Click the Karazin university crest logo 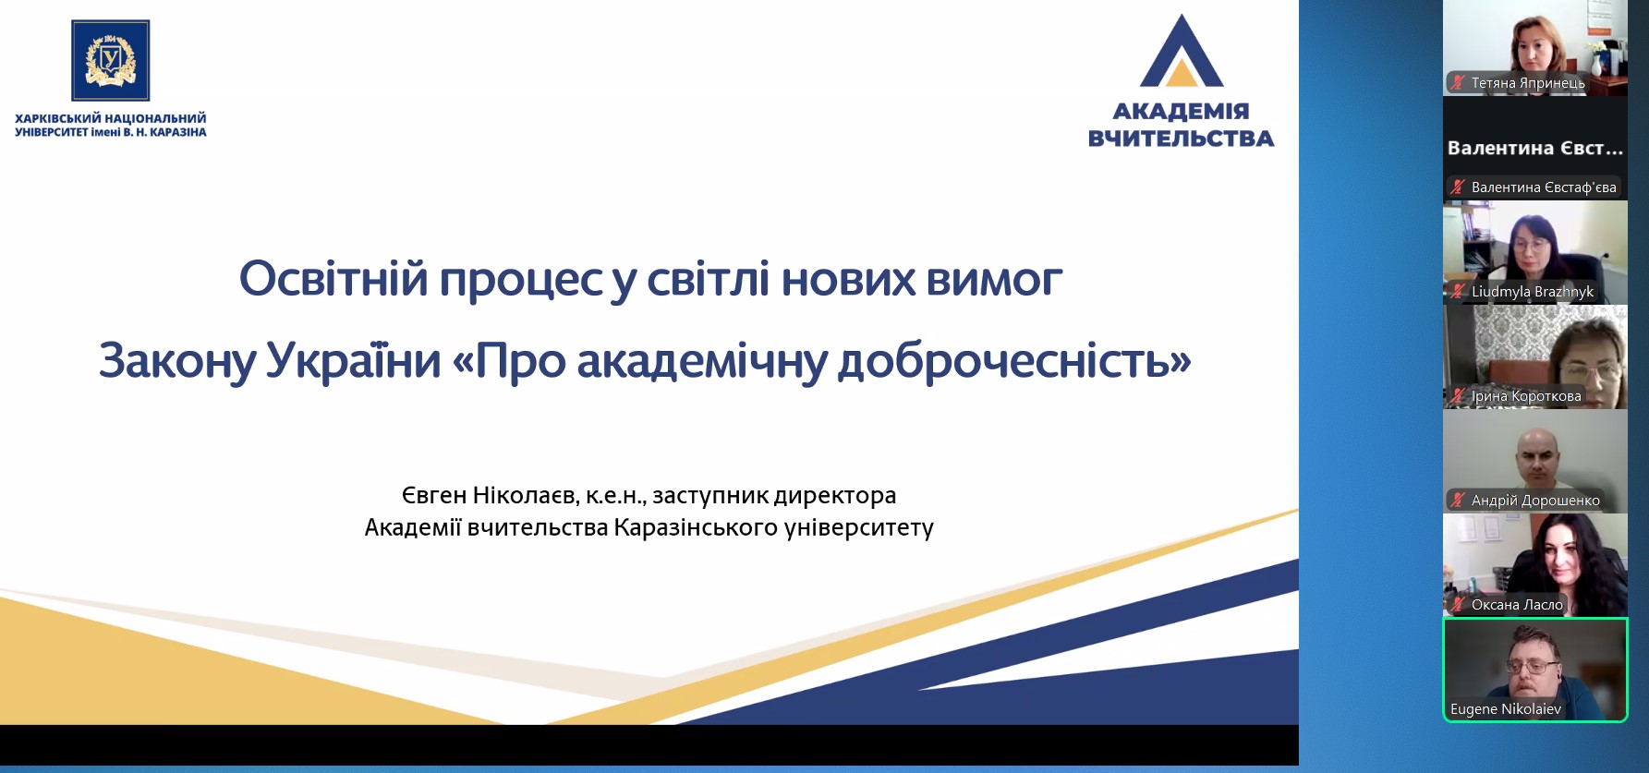coord(111,60)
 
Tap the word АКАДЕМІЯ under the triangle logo coord(1181,112)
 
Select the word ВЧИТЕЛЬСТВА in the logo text coord(1181,139)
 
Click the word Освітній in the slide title coord(333,278)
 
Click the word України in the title coord(354,359)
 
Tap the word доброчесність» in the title coord(1014,361)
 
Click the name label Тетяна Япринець coord(1528,83)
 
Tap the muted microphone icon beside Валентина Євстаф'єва coord(1458,187)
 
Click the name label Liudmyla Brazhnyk coord(1533,292)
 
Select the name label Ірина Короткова coord(1526,396)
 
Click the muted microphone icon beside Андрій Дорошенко coord(1458,500)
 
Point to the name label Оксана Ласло coord(1517,605)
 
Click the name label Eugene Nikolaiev coord(1506,709)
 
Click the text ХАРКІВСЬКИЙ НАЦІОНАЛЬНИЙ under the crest coord(111,118)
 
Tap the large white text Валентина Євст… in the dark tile coord(1535,148)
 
